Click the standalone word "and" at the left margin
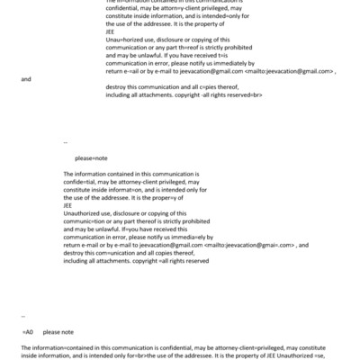26,79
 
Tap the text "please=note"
91,157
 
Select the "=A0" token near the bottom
27,332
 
